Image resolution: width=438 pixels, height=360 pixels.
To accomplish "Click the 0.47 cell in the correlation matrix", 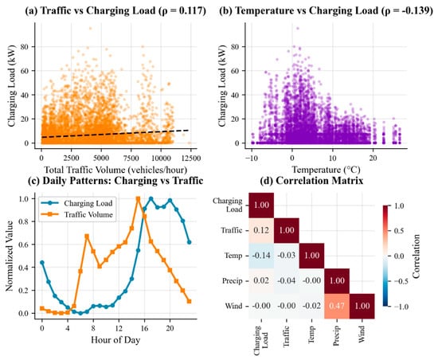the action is coord(337,306).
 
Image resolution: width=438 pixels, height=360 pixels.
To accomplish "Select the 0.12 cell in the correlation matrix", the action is coord(261,230).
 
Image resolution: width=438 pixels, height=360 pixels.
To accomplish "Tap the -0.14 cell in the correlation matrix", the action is coord(261,256).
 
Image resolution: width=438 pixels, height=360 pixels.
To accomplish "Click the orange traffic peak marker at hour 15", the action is coord(138,198).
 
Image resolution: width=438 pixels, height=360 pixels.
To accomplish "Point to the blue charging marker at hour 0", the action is coord(42,262).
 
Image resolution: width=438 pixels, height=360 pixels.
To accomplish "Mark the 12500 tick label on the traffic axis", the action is coord(191,158).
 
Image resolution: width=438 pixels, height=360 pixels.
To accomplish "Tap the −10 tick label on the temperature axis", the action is coord(252,158).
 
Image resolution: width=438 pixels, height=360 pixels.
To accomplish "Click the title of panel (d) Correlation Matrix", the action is coord(311,181).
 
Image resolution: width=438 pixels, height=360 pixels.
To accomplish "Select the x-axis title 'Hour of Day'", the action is coord(115,340).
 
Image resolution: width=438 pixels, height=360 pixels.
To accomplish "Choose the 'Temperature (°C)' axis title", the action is coord(326,170).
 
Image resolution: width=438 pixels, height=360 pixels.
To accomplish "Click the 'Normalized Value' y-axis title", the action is coord(10,256).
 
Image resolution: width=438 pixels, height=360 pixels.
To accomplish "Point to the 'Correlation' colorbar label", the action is coord(416,256).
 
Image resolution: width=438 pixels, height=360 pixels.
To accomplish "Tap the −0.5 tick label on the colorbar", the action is coord(401,281).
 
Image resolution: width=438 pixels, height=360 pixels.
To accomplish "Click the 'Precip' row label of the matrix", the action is coord(232,280).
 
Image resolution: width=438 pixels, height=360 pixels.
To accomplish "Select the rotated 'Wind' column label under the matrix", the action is coord(362,334).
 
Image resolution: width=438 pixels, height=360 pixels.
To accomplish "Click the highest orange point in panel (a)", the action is coord(90,28).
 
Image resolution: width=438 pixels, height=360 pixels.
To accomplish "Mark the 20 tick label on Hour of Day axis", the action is coord(170,327).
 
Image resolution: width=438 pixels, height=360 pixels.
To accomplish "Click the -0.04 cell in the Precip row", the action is coord(287,280).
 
